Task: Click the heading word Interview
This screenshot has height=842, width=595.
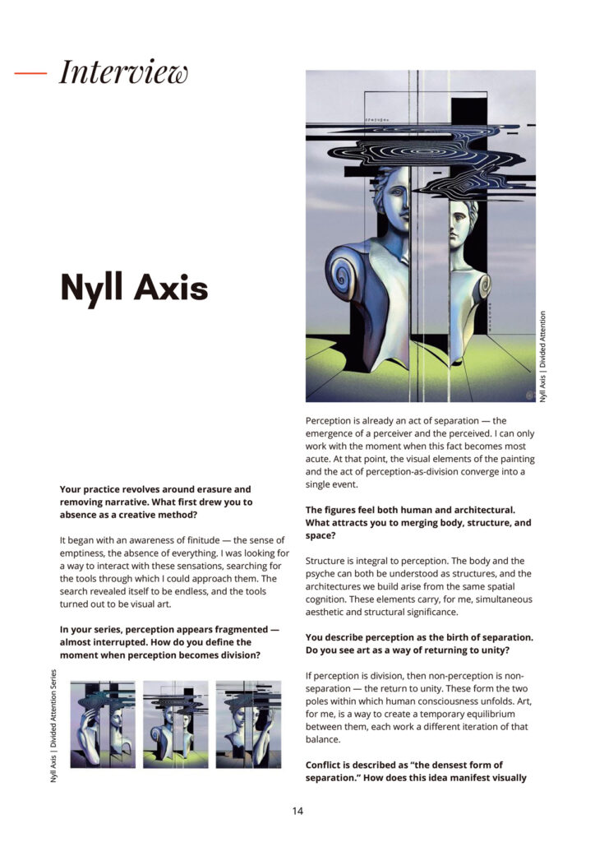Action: click(123, 72)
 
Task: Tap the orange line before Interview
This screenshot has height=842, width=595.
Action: click(31, 72)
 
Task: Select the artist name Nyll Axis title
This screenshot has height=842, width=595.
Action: click(134, 288)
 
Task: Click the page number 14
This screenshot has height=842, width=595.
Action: click(297, 811)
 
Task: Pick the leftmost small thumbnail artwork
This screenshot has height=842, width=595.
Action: click(103, 724)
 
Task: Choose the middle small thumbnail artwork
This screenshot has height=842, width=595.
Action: click(175, 724)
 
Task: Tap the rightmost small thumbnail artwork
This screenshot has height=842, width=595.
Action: click(248, 724)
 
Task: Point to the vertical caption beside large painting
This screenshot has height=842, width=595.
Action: click(543, 355)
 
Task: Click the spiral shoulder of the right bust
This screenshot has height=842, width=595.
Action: click(482, 284)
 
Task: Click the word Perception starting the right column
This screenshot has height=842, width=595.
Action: click(336, 420)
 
